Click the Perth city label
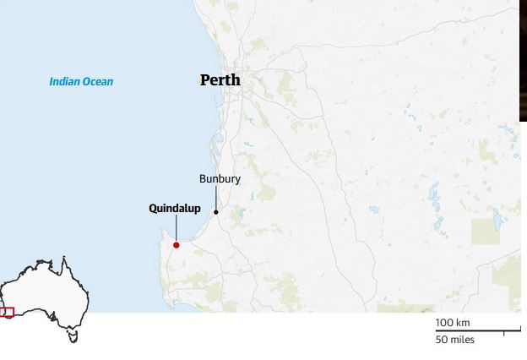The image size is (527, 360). pos(220,80)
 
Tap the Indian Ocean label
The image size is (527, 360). pos(81,82)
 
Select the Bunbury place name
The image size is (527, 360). pos(220,179)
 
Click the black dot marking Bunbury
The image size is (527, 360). pos(215,211)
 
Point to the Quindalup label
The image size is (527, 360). pos(175,208)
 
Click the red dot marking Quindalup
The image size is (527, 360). pos(176,245)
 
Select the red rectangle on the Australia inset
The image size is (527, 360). pos(7,312)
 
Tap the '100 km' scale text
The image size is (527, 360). pos(453,323)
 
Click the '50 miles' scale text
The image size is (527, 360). pos(454,340)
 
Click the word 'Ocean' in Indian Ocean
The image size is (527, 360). pos(97,82)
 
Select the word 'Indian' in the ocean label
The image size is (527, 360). pos(64,82)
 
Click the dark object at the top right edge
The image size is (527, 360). pos(523,59)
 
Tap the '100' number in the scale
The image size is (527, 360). pos(444,323)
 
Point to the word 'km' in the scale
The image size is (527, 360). pos(463,323)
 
